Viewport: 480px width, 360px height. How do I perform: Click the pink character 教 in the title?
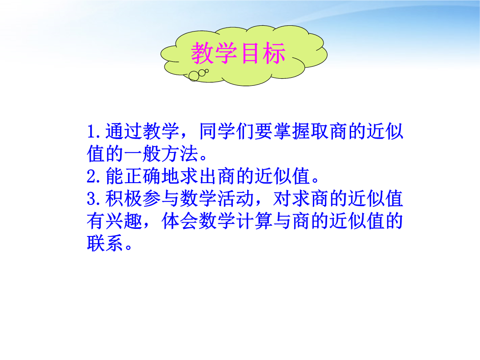(203, 53)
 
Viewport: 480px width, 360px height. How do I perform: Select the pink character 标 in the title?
(274, 53)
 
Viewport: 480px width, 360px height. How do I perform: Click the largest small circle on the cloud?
(194, 76)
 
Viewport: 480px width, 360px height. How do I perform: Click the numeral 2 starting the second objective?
(92, 176)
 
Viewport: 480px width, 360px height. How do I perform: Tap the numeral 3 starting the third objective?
(92, 199)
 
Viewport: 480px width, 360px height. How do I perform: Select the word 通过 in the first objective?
(124, 131)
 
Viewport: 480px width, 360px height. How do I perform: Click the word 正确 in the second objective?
(142, 176)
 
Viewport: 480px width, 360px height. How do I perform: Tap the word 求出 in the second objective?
(199, 176)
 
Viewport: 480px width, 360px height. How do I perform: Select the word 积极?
(124, 199)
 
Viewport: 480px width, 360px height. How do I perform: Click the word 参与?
(161, 199)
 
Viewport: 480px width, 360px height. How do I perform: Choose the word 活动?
(236, 199)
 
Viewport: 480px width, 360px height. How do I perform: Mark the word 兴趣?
(124, 221)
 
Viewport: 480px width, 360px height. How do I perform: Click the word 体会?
(180, 221)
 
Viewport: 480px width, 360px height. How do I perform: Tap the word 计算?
(255, 221)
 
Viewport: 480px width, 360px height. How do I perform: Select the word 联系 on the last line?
(105, 244)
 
